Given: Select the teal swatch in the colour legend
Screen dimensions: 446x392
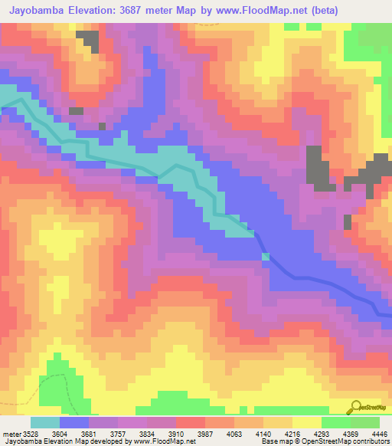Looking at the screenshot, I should click(x=45, y=422).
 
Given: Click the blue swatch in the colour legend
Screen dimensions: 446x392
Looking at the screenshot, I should click(x=74, y=422).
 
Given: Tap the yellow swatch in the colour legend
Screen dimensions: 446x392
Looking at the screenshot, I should click(x=306, y=422).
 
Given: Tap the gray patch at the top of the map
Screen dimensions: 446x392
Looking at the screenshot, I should click(x=89, y=41).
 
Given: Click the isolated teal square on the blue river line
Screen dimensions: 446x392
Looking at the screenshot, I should click(x=266, y=257).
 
